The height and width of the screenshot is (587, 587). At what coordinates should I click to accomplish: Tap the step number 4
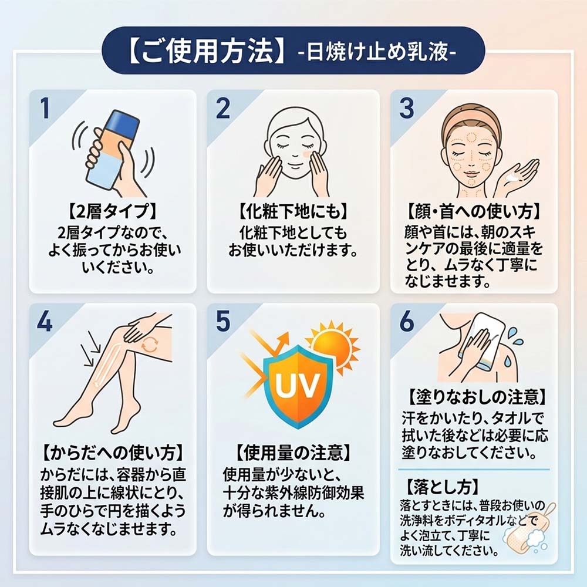pyautogui.click(x=45, y=322)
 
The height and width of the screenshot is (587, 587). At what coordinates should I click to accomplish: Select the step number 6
pyautogui.click(x=407, y=321)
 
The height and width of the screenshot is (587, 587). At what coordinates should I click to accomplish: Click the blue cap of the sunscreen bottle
pyautogui.click(x=123, y=120)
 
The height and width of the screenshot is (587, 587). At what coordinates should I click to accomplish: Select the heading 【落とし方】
pyautogui.click(x=442, y=487)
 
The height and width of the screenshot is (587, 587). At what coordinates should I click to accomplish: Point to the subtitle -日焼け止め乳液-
pyautogui.click(x=377, y=52)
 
